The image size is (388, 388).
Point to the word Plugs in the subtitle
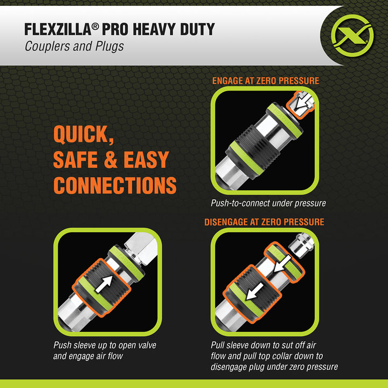pos(109,46)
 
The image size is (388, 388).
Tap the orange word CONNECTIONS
pos(115,185)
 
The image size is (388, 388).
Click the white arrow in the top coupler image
pos(304,100)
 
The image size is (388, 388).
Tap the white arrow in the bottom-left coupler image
pos(106,285)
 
